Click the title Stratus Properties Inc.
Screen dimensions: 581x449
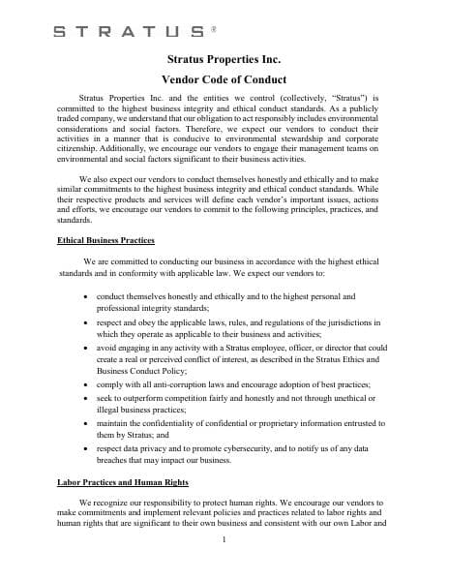224,61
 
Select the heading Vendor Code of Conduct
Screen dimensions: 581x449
224,79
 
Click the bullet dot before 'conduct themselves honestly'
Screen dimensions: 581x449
88,296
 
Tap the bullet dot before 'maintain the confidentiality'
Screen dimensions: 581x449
88,423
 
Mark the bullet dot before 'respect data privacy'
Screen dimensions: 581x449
88,447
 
